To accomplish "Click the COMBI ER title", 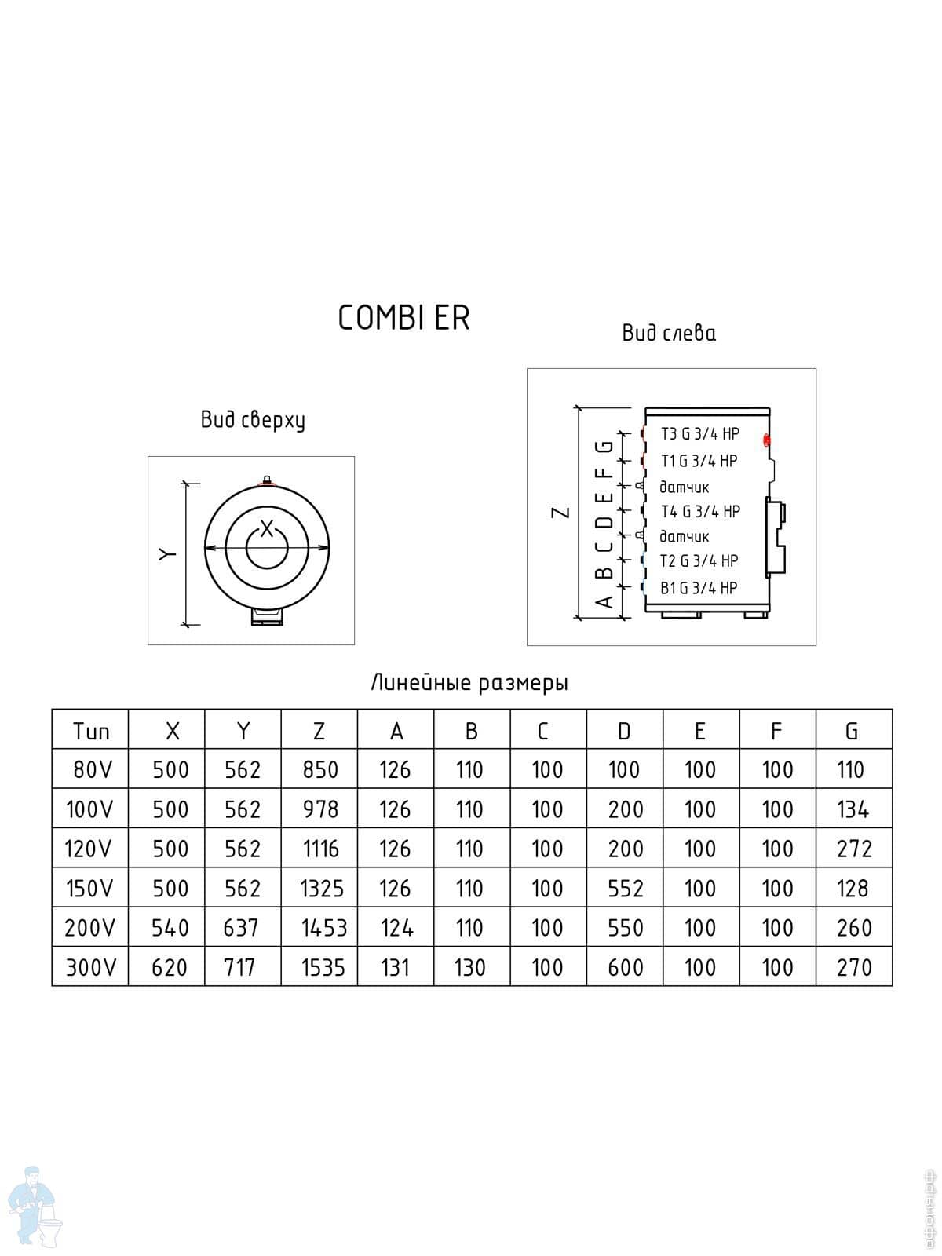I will [403, 318].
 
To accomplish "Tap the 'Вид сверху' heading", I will [253, 420].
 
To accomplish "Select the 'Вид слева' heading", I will [669, 334].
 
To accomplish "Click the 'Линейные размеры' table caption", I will [469, 683].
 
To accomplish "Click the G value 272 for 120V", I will [854, 849].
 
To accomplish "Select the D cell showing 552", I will [625, 889].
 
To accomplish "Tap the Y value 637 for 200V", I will [241, 928].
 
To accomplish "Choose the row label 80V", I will [92, 769].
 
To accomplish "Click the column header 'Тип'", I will [90, 731].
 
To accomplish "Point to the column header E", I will [699, 731].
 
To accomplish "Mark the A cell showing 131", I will [395, 967].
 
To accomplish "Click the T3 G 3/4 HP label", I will [700, 434].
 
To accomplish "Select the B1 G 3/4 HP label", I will [699, 588].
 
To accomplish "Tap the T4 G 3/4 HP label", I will [700, 512].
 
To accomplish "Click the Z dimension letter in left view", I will [560, 513].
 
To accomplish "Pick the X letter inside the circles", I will [267, 529].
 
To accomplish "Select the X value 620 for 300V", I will [170, 967].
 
